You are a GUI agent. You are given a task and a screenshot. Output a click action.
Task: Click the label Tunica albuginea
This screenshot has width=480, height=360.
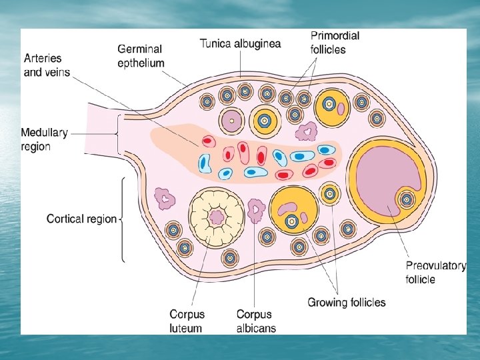240,44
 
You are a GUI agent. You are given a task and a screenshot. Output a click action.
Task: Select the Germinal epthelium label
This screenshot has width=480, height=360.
141,56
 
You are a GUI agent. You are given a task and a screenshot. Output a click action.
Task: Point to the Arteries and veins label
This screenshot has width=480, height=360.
47,65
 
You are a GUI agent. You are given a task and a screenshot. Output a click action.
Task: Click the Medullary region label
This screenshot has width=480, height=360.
44,139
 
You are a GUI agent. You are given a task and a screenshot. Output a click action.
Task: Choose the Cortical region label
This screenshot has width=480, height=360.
81,219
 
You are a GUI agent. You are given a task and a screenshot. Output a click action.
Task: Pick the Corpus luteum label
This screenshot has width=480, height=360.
187,320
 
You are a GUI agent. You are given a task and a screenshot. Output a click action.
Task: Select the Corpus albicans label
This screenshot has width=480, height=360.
255,321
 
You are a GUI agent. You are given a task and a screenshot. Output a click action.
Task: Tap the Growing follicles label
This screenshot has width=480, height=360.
346,303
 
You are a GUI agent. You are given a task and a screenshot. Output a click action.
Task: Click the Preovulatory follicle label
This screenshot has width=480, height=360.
435,272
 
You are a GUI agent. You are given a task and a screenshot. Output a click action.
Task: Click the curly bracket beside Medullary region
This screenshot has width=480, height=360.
118,133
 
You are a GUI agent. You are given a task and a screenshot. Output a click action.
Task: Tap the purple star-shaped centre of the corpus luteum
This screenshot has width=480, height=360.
216,217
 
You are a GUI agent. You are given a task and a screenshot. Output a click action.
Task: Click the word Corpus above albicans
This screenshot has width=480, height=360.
255,314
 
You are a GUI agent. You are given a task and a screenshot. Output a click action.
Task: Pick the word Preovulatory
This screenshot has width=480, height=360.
435,266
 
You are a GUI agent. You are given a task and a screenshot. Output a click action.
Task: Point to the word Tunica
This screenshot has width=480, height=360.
216,44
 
